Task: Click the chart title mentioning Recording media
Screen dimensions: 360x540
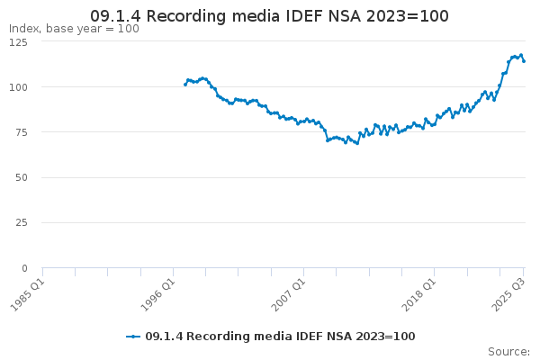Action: tap(270, 16)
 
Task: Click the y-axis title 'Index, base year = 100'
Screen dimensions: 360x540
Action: tap(74, 29)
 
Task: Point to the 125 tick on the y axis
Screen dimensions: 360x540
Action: tap(19, 41)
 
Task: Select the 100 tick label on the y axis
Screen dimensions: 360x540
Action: tap(19, 86)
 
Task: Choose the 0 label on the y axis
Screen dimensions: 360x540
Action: tap(25, 268)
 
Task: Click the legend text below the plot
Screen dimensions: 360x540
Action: tap(280, 336)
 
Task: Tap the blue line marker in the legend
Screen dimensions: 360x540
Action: tap(133, 336)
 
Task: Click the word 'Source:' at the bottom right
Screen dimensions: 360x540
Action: tap(508, 351)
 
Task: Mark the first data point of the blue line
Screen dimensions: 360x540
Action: tap(185, 84)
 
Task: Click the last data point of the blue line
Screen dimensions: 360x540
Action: tap(524, 61)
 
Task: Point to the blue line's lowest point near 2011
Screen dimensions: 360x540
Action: tap(357, 143)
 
